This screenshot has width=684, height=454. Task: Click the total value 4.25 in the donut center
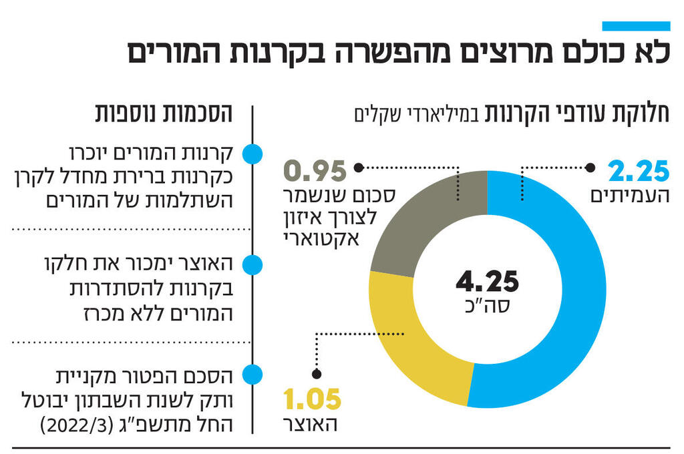click(x=487, y=282)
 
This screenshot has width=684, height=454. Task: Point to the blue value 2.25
click(x=639, y=172)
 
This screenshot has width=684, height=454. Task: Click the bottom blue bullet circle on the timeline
click(x=251, y=374)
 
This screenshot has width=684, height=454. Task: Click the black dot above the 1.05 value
click(x=317, y=375)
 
